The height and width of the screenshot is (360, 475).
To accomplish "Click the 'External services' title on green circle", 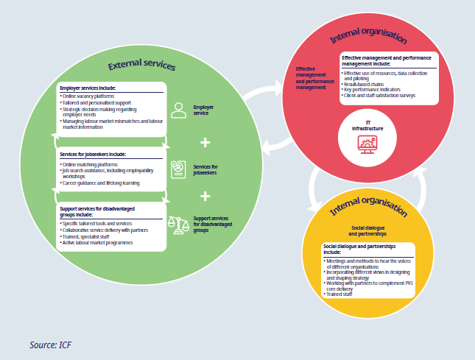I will click(141, 66).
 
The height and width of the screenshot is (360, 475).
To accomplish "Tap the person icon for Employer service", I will click(177, 110).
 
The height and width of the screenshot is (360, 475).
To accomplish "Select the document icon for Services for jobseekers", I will click(177, 169).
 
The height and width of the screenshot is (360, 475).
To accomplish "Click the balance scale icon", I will click(177, 223).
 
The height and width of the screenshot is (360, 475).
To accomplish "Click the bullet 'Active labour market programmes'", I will click(100, 242).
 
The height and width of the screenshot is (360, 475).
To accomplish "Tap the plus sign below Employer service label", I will click(205, 141).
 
